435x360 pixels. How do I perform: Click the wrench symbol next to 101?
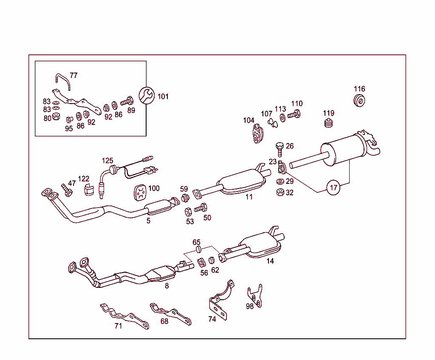147,95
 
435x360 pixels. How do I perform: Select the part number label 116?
359,89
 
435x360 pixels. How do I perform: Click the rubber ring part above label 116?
360,101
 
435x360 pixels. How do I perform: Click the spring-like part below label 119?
328,124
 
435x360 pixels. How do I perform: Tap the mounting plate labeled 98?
255,295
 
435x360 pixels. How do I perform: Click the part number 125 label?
107,160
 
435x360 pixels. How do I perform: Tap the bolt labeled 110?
294,114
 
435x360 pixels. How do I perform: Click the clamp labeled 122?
88,190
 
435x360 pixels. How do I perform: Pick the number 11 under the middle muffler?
249,197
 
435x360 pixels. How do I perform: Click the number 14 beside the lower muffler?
270,261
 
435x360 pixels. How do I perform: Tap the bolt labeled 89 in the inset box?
127,101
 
